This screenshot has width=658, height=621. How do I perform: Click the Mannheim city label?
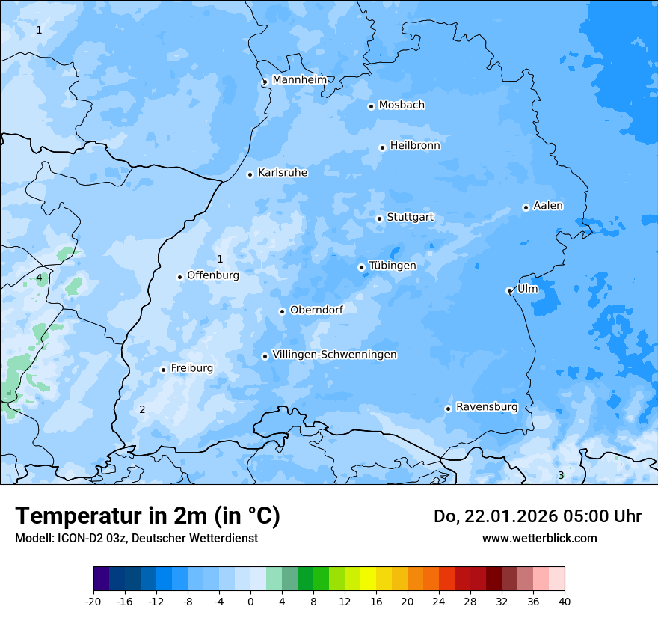click(300, 79)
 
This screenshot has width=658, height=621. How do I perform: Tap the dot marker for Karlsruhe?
click(250, 174)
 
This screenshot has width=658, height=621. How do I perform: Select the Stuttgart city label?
click(410, 217)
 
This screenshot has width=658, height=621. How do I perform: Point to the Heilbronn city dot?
click(382, 147)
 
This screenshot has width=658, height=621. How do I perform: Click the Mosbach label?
click(402, 105)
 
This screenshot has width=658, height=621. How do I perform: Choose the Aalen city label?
click(548, 205)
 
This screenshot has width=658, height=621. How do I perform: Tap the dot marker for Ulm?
click(509, 290)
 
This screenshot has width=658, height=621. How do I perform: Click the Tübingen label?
click(393, 265)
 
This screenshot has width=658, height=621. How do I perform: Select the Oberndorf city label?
click(316, 309)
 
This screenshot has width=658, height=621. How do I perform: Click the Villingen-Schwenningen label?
click(334, 354)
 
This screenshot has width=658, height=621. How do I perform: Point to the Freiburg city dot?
click(163, 370)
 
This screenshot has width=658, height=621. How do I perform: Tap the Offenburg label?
click(213, 275)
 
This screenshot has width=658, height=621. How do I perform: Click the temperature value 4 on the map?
click(39, 278)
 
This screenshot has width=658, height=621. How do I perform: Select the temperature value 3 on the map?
click(560, 475)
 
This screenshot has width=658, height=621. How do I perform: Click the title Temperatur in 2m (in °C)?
click(147, 516)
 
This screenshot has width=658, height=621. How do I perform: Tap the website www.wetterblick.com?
click(539, 538)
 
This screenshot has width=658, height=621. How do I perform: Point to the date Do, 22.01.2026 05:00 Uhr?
click(537, 516)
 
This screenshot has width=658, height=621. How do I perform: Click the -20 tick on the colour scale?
click(93, 601)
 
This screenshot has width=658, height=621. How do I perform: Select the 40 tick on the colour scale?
click(565, 601)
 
